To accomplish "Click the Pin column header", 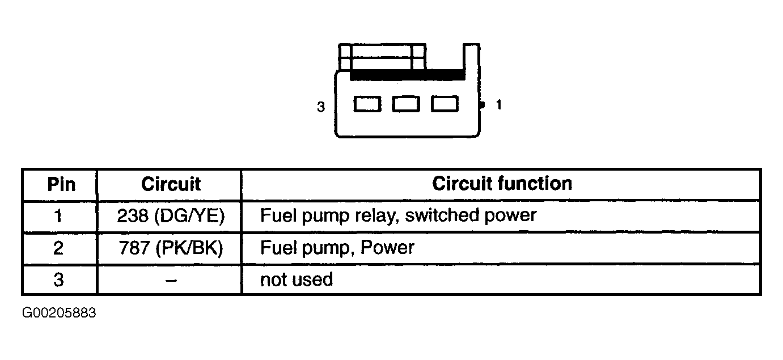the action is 61,184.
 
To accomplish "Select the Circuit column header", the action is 171,184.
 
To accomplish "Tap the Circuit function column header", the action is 502,184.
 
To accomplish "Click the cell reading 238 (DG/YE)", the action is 171,215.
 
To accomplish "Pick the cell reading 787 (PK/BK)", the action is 171,248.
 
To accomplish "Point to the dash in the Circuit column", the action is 171,280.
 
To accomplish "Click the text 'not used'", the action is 297,279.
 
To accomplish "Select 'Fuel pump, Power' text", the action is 337,248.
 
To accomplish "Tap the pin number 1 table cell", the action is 58,215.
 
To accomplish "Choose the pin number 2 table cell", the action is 58,248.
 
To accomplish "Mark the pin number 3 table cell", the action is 58,280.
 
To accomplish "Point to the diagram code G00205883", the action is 59,313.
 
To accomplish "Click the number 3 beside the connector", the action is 321,107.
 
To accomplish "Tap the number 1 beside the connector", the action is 499,104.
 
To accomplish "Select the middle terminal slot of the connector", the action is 406,104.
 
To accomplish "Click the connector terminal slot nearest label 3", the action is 367,104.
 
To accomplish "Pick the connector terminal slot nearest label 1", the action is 445,104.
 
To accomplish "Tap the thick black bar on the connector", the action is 408,75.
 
